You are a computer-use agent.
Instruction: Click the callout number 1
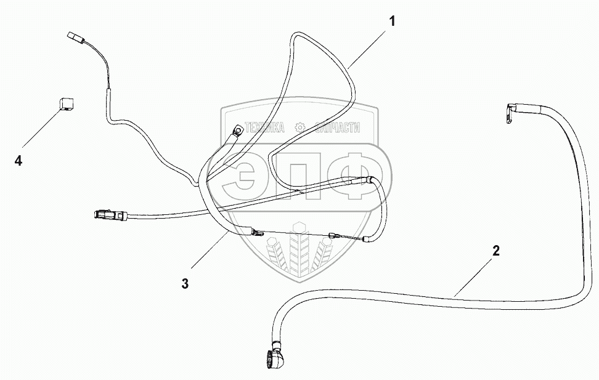pyautogui.click(x=392, y=21)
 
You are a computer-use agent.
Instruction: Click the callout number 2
pyautogui.click(x=495, y=251)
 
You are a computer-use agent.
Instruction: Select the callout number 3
pyautogui.click(x=184, y=283)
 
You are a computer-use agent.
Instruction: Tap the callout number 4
pyautogui.click(x=18, y=161)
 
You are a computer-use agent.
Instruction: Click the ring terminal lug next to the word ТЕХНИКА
pyautogui.click(x=236, y=130)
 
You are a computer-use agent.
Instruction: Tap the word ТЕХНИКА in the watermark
pyautogui.click(x=265, y=127)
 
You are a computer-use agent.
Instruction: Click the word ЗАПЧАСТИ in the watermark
pyautogui.click(x=337, y=127)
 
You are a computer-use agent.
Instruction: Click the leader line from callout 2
pyautogui.click(x=475, y=275)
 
